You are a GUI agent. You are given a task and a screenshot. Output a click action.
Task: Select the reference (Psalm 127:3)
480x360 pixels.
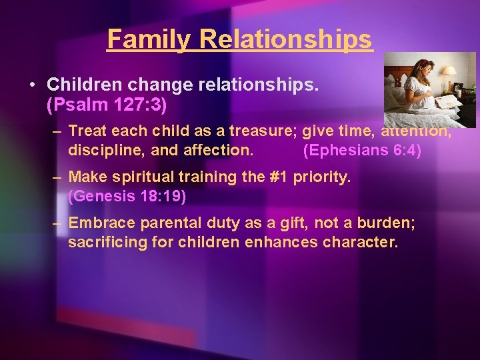[106, 105]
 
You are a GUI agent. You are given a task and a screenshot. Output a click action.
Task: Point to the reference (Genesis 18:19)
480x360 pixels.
[127, 197]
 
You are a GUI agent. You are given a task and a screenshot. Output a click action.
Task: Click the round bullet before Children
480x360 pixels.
[32, 86]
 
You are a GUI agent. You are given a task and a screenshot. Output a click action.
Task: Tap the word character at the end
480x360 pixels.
[360, 242]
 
